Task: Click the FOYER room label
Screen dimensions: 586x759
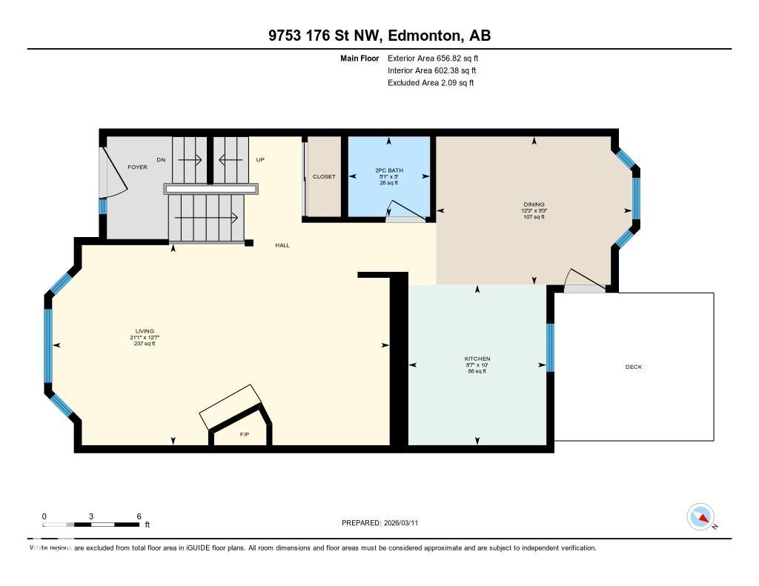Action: (x=137, y=167)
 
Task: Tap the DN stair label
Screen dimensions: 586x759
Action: (x=161, y=159)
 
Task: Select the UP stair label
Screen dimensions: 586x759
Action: (x=260, y=159)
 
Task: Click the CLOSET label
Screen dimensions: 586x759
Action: (x=324, y=177)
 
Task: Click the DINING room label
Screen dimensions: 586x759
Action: (x=534, y=204)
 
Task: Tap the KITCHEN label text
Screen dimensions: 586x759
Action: (x=477, y=359)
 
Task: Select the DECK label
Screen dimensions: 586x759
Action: (x=634, y=367)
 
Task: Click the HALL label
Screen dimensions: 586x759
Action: (x=282, y=245)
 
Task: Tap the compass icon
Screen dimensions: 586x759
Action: (x=700, y=517)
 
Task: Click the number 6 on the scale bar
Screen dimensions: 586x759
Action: (x=139, y=516)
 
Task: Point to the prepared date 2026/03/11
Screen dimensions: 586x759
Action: (x=405, y=523)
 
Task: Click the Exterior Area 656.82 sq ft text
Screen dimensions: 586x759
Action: (x=438, y=58)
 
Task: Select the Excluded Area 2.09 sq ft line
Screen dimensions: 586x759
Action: (x=431, y=83)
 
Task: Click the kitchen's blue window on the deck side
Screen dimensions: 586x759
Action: (x=550, y=346)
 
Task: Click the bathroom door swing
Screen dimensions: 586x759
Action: (x=406, y=211)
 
